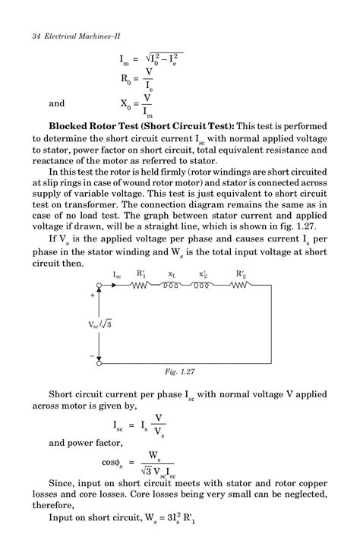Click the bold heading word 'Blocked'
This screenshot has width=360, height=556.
73,125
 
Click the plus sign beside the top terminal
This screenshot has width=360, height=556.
93,295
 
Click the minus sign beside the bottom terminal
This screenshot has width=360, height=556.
93,355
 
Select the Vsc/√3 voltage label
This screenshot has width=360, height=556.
98,324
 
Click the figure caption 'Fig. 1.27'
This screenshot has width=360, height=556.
180,372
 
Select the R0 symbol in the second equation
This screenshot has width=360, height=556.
126,79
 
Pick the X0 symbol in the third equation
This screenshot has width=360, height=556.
126,104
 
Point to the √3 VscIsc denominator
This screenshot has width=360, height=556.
157,470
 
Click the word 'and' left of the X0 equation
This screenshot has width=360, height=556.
57,104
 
